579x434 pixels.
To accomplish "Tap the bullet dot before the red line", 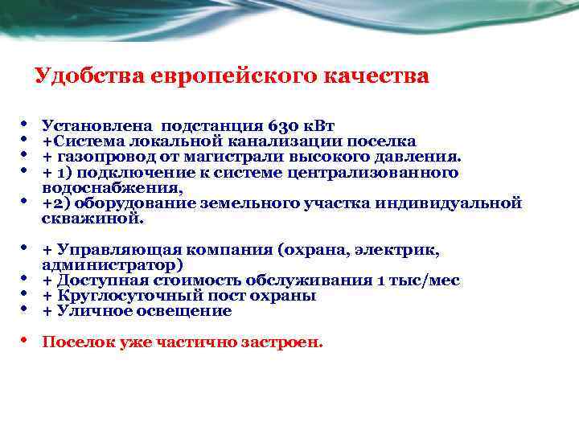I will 25,341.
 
